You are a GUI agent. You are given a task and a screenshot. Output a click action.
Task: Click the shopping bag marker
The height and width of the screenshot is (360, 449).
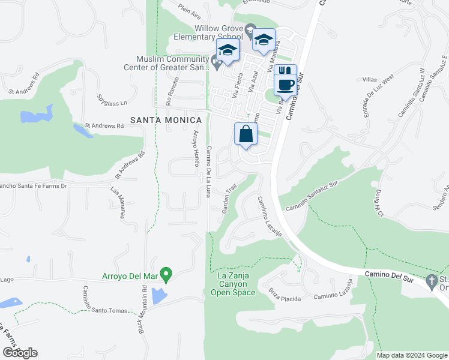(x=246, y=134)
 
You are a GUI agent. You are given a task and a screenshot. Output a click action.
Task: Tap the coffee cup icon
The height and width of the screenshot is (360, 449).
(x=286, y=85)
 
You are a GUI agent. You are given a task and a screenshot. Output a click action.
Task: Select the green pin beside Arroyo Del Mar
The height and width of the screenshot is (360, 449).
(x=168, y=275)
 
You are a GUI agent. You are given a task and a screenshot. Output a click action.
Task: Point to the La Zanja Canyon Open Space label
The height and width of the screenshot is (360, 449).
(x=234, y=284)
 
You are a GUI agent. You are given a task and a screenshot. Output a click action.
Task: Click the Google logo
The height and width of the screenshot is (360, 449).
(x=20, y=353)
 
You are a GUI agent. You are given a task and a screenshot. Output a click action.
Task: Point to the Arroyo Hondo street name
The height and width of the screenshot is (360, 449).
(x=195, y=148)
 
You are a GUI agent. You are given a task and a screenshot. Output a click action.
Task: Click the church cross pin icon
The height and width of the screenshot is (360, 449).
(x=431, y=281)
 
